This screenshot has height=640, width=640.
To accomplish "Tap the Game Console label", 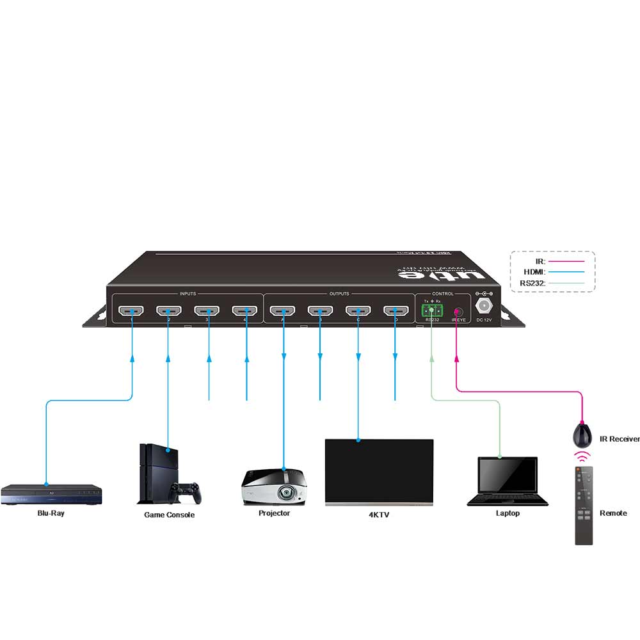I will (169, 515).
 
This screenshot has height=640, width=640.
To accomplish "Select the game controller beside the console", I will (185, 492).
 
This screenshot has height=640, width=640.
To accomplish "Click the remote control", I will (584, 506).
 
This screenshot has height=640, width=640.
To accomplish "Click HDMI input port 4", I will (244, 312).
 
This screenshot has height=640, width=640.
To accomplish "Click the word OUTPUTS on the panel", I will (339, 294).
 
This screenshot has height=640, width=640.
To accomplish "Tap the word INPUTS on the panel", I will (188, 294).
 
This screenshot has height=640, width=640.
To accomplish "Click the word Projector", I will (274, 513).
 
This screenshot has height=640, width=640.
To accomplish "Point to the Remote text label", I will (613, 513).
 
